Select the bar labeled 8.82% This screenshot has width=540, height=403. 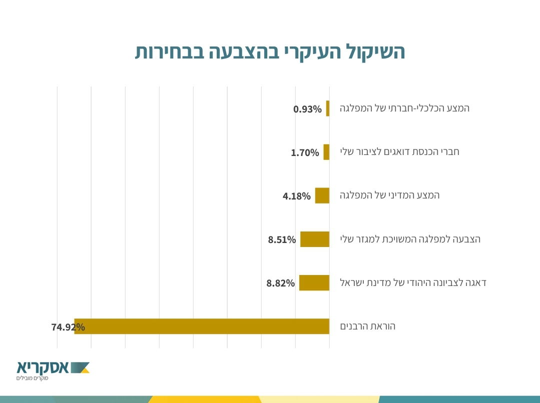click(314, 283)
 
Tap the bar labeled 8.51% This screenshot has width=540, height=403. click(315, 239)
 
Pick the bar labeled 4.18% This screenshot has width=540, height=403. click(322, 195)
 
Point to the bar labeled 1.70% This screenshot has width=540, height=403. click(326, 152)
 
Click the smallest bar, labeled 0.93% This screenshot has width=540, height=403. click(328, 108)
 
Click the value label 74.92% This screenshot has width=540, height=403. click(68, 327)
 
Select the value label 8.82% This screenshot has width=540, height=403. click(281, 283)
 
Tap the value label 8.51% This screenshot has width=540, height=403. click(282, 240)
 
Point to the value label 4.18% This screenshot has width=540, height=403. click(297, 196)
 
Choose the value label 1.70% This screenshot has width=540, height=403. click(305, 153)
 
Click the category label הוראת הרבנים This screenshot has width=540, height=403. click(368, 326)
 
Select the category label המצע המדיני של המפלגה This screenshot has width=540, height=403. click(390, 195)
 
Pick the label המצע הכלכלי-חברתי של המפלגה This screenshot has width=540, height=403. click(404, 108)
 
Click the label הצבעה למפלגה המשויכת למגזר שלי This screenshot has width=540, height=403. click(410, 239)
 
